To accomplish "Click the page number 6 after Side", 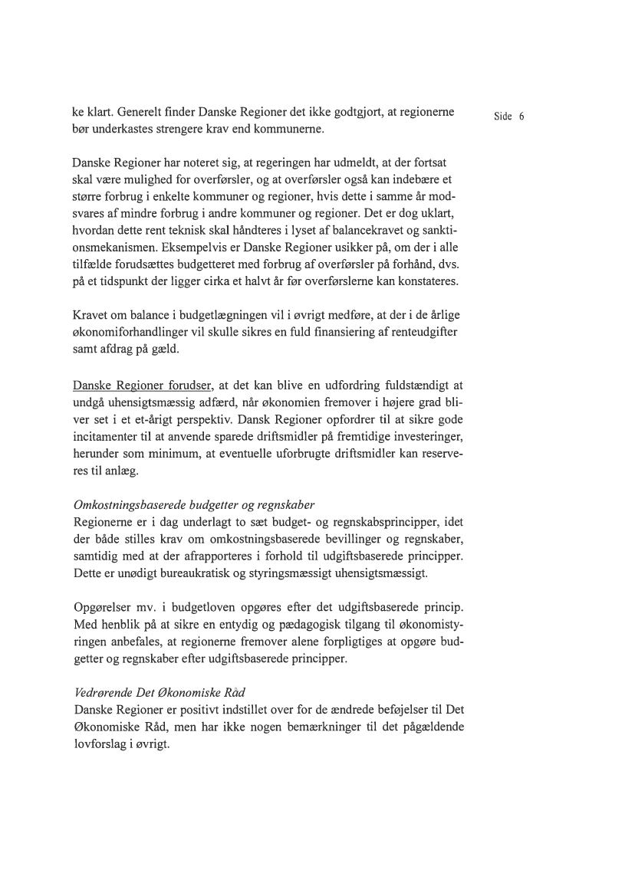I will [x=521, y=117].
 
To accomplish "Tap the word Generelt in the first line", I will [x=139, y=113].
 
